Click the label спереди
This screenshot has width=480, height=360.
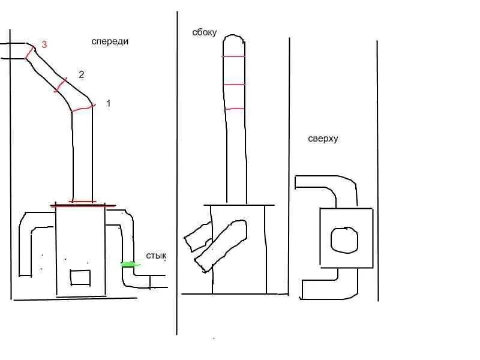pyautogui.click(x=110, y=41)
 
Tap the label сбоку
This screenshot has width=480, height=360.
pyautogui.click(x=205, y=32)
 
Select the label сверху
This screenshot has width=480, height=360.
pyautogui.click(x=323, y=139)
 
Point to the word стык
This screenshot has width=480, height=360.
pyautogui.click(x=156, y=256)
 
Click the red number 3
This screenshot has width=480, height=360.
pyautogui.click(x=44, y=44)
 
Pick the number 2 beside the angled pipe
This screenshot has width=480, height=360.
pyautogui.click(x=81, y=74)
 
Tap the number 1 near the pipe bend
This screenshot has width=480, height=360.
pyautogui.click(x=108, y=103)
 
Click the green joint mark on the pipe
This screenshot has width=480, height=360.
pyautogui.click(x=129, y=264)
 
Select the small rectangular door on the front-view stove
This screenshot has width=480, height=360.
pyautogui.click(x=80, y=277)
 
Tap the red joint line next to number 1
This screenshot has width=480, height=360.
pyautogui.click(x=83, y=109)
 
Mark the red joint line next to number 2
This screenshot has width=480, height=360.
pyautogui.click(x=61, y=85)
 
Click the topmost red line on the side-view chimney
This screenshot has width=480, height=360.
pyautogui.click(x=233, y=56)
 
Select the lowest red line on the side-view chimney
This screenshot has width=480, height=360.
pyautogui.click(x=235, y=109)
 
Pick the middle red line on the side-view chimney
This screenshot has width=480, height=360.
pyautogui.click(x=234, y=85)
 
